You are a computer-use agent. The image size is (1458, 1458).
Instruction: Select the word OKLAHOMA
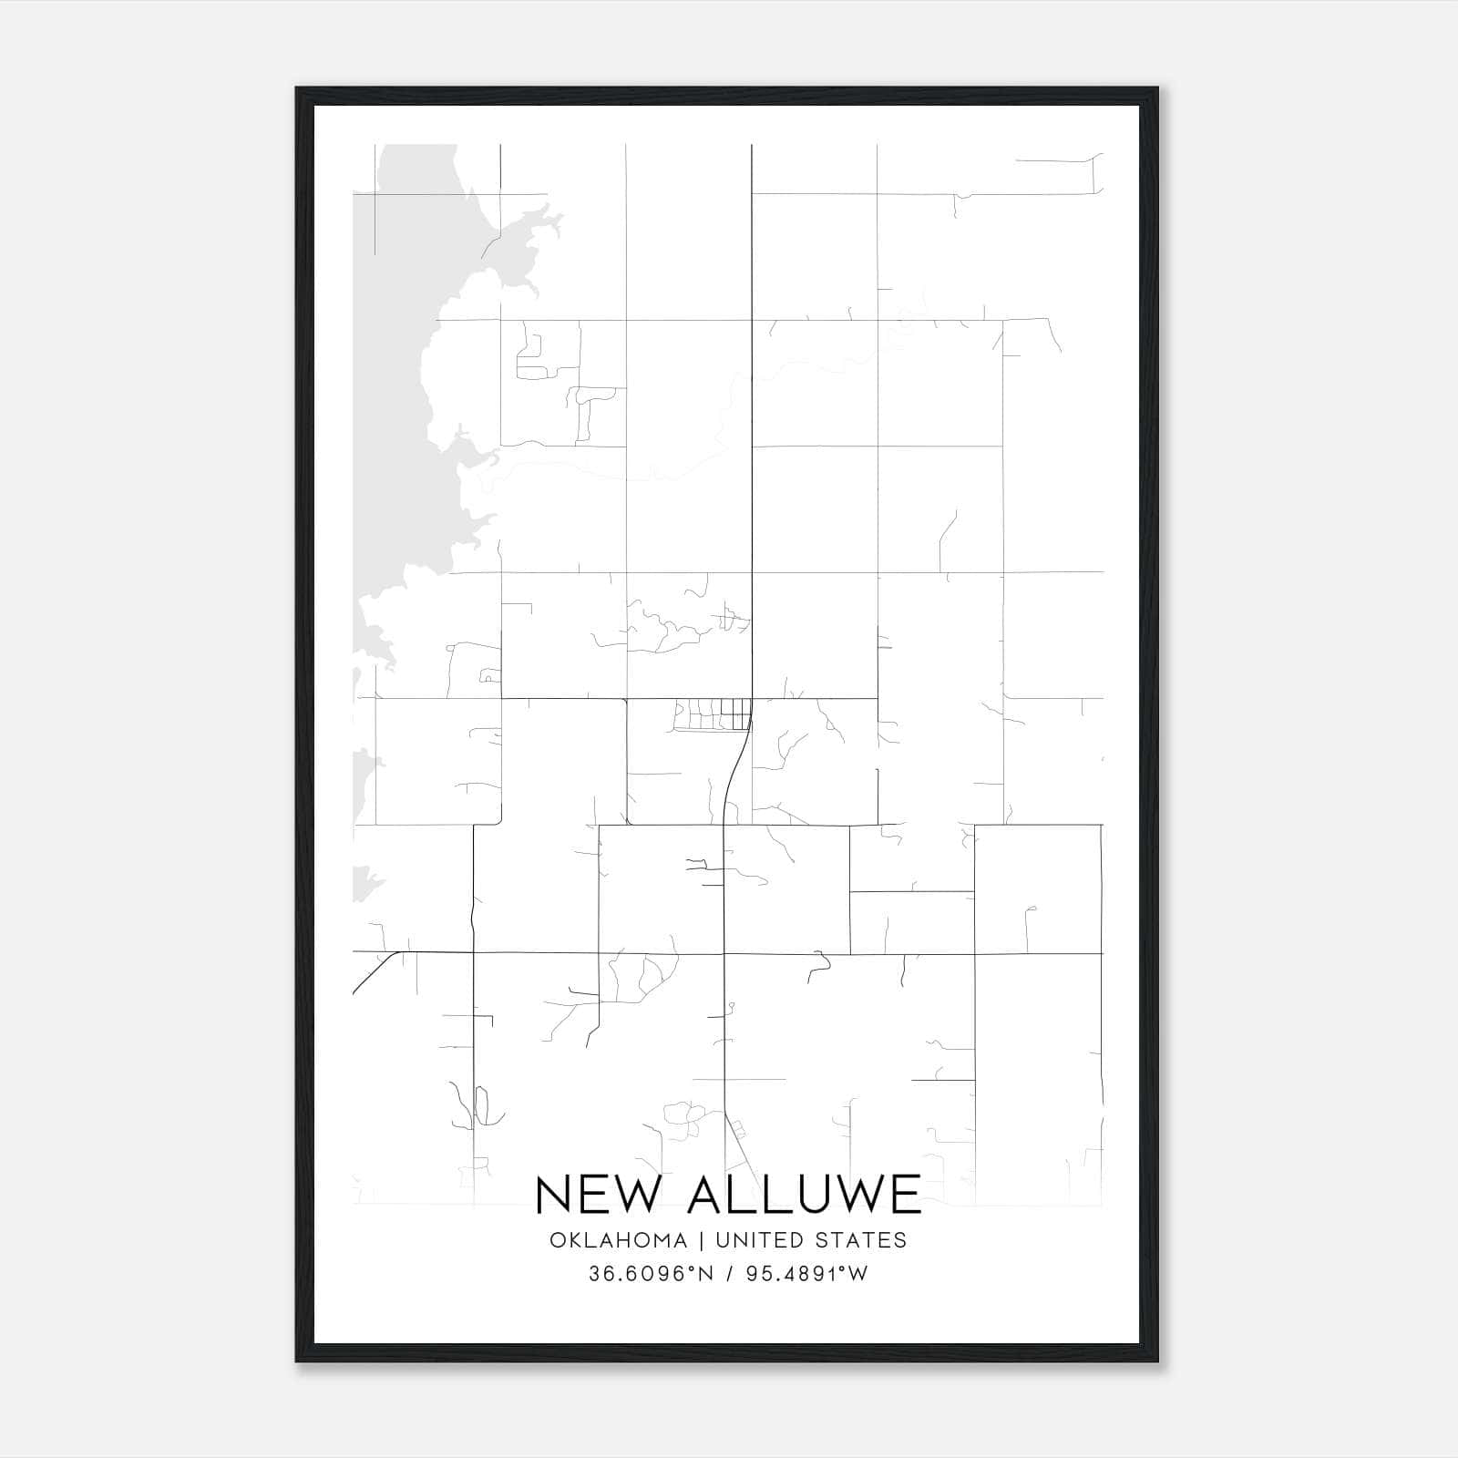tap(618, 1240)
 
